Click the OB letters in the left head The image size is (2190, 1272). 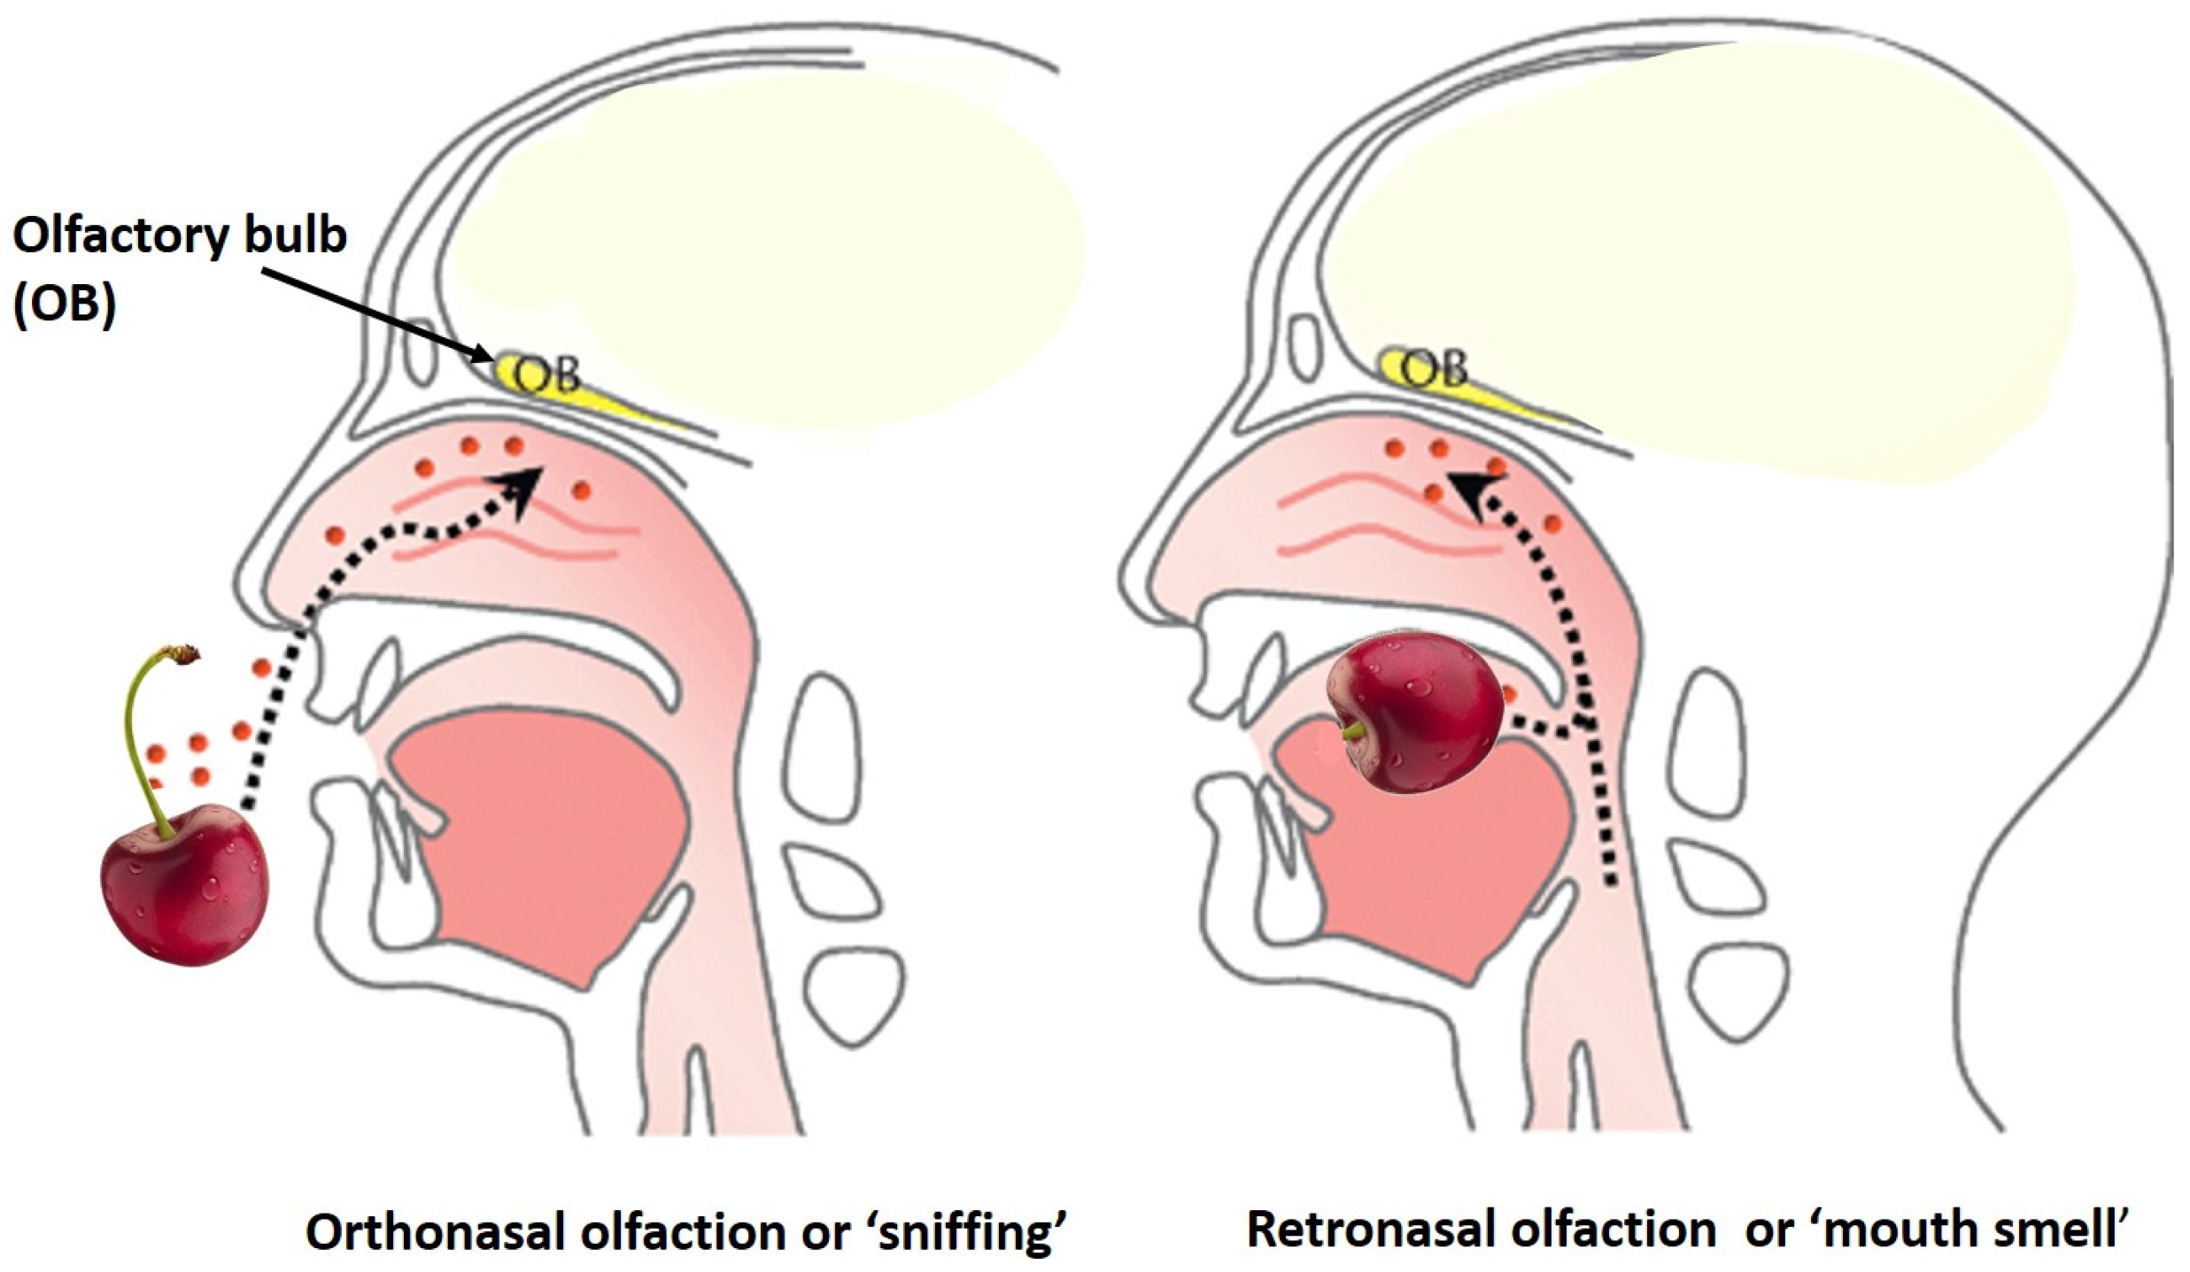pos(547,375)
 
